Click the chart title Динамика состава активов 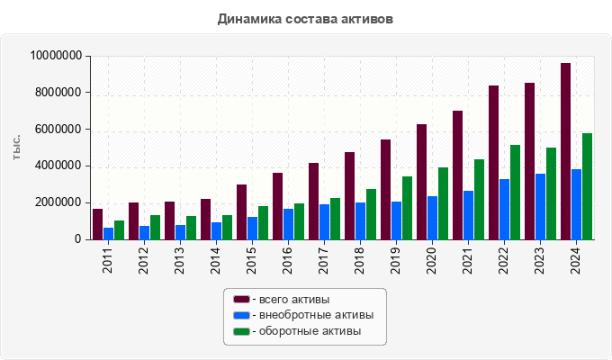tap(305, 19)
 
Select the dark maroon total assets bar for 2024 tap(565, 151)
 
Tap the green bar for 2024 tap(587, 186)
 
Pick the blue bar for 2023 tap(540, 206)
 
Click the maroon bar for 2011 tap(97, 224)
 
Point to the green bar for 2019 tap(407, 208)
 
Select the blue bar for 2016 tap(288, 224)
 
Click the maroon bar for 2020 tap(421, 182)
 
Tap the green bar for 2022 tap(515, 192)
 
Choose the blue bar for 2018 tap(360, 220)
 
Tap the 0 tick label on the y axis tap(78, 239)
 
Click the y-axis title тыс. tap(16, 148)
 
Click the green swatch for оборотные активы tap(241, 331)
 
